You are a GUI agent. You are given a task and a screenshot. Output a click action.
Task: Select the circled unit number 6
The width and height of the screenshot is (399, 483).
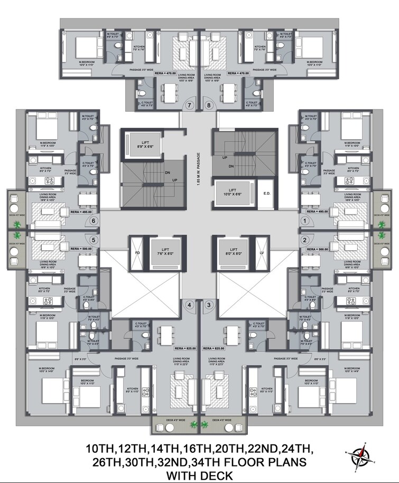point(94,221)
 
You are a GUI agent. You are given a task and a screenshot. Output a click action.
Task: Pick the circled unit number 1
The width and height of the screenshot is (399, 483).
point(304,221)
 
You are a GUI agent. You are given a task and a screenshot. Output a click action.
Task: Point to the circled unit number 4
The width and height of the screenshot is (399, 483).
point(189,305)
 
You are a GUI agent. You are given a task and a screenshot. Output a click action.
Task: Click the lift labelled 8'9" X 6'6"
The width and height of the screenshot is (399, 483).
point(140,143)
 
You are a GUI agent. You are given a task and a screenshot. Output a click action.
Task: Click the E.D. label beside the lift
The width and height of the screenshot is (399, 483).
point(267,194)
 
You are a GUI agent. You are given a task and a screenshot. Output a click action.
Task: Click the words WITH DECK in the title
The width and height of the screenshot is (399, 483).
point(199,475)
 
